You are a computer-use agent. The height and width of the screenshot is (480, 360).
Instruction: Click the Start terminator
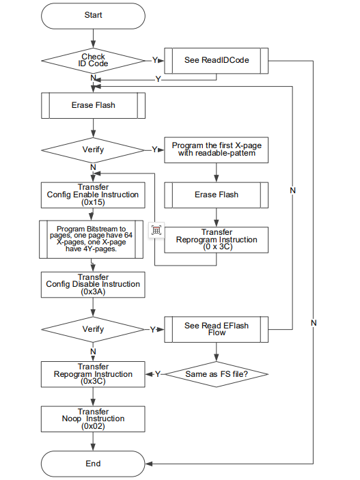(x=93, y=16)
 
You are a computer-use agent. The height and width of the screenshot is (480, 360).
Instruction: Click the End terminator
(x=93, y=464)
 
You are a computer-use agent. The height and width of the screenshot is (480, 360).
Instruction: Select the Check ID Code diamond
(x=93, y=61)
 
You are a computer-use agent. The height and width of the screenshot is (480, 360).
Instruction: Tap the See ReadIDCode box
(x=217, y=61)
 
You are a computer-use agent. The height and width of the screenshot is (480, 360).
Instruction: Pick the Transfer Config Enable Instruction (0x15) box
(x=93, y=195)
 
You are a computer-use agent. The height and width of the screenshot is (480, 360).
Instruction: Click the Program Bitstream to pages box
(x=92, y=240)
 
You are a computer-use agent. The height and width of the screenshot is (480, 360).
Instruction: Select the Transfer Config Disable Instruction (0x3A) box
(x=93, y=285)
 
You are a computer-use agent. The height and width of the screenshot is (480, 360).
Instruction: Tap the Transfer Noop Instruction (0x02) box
(x=93, y=419)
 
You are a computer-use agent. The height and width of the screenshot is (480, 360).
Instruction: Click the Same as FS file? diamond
(x=217, y=374)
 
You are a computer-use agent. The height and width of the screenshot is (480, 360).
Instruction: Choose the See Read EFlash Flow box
(x=217, y=329)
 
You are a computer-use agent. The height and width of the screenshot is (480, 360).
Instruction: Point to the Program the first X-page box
(x=217, y=150)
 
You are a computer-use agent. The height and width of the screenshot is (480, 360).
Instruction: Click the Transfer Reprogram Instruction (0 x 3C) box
(x=217, y=240)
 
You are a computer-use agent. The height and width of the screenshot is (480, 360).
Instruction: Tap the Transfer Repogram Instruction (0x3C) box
(x=93, y=374)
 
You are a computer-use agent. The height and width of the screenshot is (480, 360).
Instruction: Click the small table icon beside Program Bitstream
(x=156, y=230)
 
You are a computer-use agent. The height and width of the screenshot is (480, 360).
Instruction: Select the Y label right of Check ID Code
(x=155, y=60)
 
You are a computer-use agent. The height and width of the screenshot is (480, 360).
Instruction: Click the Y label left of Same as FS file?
(x=158, y=374)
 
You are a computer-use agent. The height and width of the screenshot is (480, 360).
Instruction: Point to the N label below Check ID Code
(x=93, y=78)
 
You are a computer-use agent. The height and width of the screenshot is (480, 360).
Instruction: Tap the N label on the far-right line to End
(x=314, y=323)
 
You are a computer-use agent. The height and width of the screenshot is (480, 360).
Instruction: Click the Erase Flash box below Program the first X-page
(x=217, y=195)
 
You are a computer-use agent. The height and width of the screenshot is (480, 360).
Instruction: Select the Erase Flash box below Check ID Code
(x=93, y=106)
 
